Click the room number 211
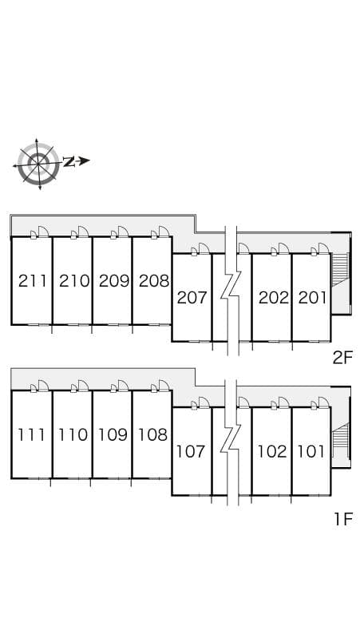coord(33,281)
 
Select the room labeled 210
coord(74,281)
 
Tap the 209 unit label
coord(114,281)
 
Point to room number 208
coord(154,281)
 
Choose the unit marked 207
coord(192,298)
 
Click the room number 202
coord(273,298)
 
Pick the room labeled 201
coord(312,298)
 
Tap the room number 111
coord(31,434)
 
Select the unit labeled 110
coord(73,434)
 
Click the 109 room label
coord(113,434)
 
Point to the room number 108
coord(152,434)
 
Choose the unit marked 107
coord(191,451)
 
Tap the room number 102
coord(272,451)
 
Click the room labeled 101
coord(311,451)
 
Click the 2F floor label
coord(342,358)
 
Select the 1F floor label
coord(343,519)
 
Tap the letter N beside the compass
coord(69,161)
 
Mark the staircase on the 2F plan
coord(340,272)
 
